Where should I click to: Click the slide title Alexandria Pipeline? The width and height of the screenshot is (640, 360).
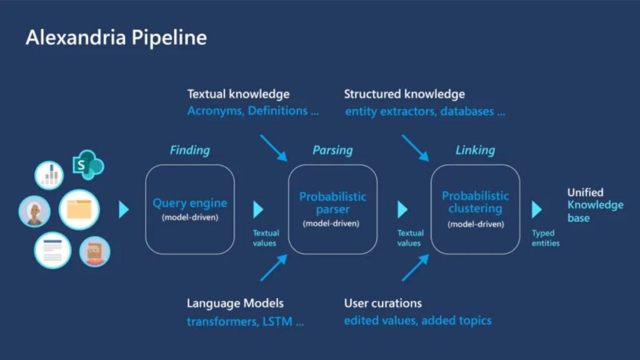[x=116, y=38]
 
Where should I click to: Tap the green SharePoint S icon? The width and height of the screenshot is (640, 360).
[x=87, y=165]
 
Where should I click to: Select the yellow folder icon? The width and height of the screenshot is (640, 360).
[x=79, y=210]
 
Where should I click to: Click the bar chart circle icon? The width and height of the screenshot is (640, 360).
[x=50, y=176]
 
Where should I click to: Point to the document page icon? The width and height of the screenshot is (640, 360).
[x=52, y=250]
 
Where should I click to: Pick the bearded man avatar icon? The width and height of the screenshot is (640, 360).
[x=94, y=252]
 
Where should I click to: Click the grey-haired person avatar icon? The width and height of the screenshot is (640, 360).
[x=34, y=212]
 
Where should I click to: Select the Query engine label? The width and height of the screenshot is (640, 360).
[x=190, y=203]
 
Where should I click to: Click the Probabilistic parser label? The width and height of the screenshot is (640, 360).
[x=332, y=203]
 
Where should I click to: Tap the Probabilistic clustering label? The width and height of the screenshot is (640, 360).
[x=475, y=202]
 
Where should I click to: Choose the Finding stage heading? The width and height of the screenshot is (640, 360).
[x=189, y=150]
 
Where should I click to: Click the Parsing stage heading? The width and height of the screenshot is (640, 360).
[x=332, y=150]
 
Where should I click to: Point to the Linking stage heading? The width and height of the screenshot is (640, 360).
[x=475, y=150]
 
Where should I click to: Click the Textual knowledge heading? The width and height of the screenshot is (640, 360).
[x=238, y=94]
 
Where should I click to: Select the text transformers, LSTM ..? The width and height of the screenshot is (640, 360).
[x=245, y=322]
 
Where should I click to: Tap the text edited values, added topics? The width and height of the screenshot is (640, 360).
[x=417, y=321]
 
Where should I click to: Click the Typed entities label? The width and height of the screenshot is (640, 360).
[x=545, y=238]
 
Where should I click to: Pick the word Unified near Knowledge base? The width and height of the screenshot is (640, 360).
[x=585, y=192]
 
